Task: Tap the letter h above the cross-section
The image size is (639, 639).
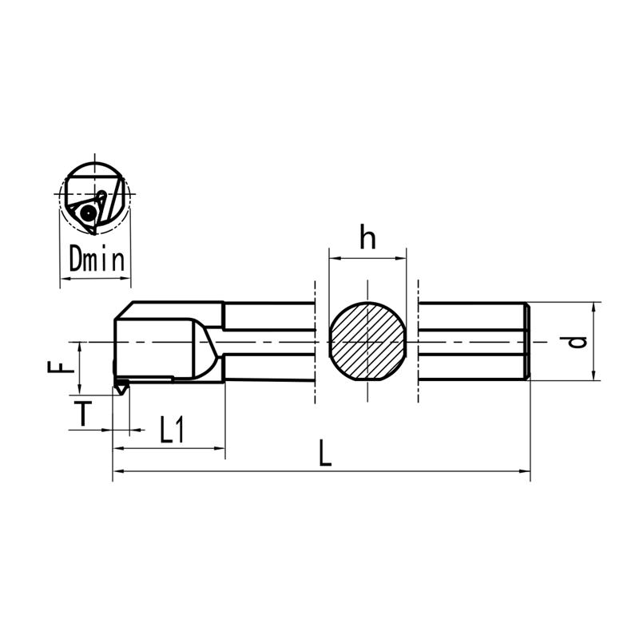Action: (x=367, y=239)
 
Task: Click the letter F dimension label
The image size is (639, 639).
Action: (x=57, y=368)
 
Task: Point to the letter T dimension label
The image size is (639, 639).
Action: (x=82, y=413)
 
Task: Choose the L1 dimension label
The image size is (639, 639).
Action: (x=171, y=431)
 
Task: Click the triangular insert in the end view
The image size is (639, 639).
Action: (x=86, y=212)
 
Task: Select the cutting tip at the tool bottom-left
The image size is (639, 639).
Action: (x=121, y=388)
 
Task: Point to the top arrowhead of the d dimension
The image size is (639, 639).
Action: (x=594, y=307)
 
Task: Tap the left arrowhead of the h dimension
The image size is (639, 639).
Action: (x=334, y=258)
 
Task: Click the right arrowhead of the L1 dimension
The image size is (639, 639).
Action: (x=221, y=449)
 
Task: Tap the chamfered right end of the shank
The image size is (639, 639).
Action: (x=526, y=342)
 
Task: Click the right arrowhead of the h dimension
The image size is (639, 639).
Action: (x=403, y=258)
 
